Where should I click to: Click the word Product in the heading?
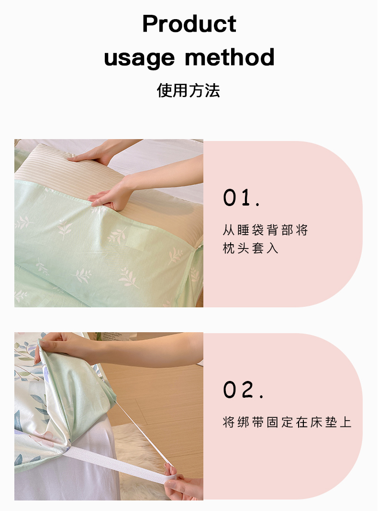point(189,24)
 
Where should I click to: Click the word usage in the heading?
point(139,58)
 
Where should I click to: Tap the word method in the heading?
point(230,57)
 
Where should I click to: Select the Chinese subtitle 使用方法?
point(189,90)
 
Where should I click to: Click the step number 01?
point(241,197)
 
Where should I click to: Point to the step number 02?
point(243,390)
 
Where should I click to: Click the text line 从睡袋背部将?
point(265,230)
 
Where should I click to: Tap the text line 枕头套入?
point(250,249)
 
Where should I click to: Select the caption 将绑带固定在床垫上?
point(287,423)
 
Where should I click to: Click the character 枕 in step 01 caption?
point(229,249)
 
